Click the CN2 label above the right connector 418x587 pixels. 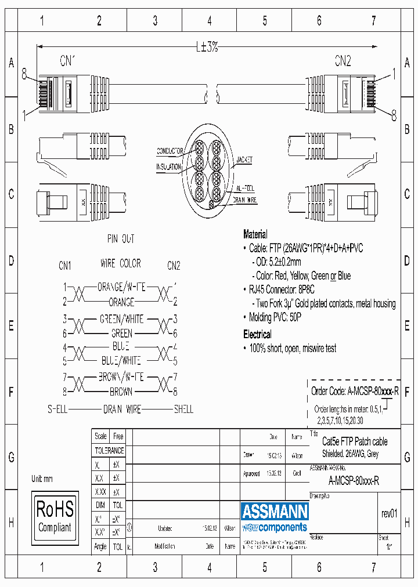tap(343, 60)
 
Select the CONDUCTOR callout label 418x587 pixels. tap(170, 151)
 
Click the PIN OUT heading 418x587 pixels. tap(121, 238)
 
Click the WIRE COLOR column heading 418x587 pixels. tap(121, 263)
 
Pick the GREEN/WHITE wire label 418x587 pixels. tap(121, 319)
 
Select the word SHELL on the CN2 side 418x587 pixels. tap(183, 410)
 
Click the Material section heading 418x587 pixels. tap(255, 234)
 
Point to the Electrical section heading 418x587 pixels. tap(257, 335)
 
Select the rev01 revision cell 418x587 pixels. tap(389, 513)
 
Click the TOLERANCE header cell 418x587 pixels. tap(109, 450)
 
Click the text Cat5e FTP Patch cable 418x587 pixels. tap(354, 442)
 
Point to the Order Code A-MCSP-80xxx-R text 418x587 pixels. tap(355, 391)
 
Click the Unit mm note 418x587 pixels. tap(42, 479)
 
